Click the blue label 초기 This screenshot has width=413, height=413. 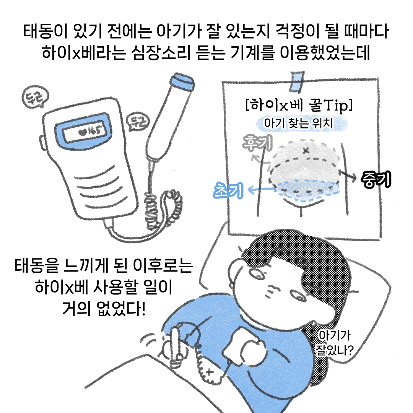(x=228, y=190)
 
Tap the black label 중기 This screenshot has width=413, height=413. (x=376, y=179)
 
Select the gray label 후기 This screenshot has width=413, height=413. (x=257, y=143)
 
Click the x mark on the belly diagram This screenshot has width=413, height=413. (x=306, y=151)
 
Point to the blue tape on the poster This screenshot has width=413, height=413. (x=297, y=82)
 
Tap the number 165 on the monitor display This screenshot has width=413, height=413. (x=95, y=130)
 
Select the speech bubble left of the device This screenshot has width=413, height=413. (x=35, y=97)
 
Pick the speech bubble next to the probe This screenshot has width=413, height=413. (x=138, y=122)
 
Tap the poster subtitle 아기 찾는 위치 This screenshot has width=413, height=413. (x=298, y=123)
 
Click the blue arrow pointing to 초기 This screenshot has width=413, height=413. (x=262, y=189)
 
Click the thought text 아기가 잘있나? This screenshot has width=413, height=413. (x=335, y=343)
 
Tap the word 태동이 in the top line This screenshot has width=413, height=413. (x=45, y=31)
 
